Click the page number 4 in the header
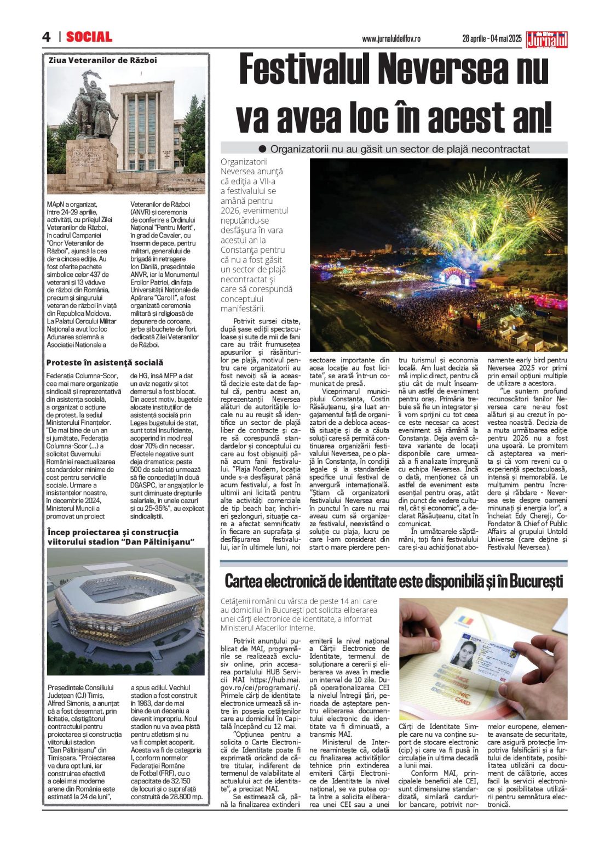(47, 37)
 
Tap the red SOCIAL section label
(89, 37)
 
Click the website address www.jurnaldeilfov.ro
(391, 39)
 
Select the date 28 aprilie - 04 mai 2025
(492, 39)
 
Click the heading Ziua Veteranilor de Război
(102, 60)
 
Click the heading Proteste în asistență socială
(105, 362)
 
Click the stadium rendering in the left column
(125, 608)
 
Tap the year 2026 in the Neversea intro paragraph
(231, 210)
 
